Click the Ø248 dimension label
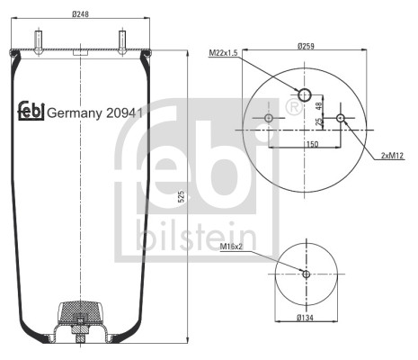[81, 14]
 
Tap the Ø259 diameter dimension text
[306, 46]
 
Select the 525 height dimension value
[181, 196]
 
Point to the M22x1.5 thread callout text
[223, 53]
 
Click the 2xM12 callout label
[393, 156]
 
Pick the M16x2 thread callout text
[231, 247]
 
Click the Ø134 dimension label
[306, 318]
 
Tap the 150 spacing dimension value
[312, 144]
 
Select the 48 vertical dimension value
[319, 106]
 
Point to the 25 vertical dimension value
[319, 121]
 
